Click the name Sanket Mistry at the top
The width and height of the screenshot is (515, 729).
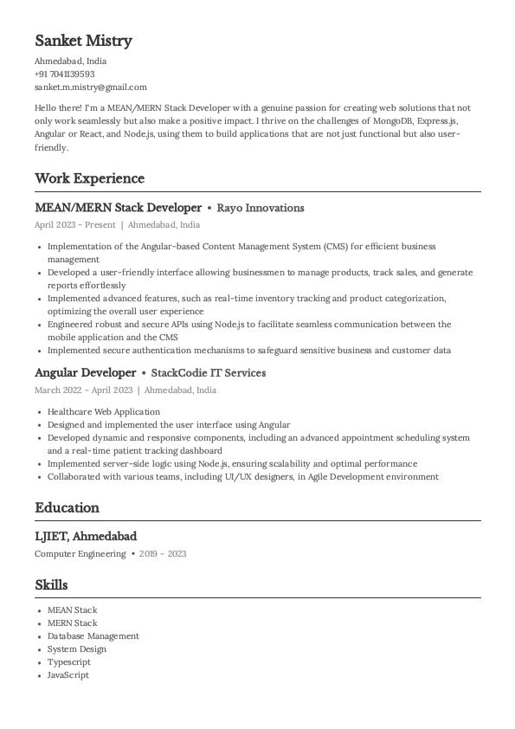[83, 41]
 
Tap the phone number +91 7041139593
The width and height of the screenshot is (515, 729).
[65, 74]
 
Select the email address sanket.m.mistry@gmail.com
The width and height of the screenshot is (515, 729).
[91, 87]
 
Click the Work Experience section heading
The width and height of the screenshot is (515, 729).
[89, 178]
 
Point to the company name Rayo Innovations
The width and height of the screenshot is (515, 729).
[261, 209]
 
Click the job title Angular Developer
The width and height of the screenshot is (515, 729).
[85, 373]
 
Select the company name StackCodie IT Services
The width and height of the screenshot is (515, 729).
[208, 373]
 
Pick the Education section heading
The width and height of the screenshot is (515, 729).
[67, 507]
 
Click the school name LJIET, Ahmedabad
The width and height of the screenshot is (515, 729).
[86, 537]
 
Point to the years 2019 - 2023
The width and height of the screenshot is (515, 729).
[164, 554]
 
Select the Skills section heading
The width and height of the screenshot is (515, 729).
[51, 585]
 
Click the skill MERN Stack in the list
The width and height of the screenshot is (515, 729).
[73, 623]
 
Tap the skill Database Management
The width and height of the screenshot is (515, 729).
[93, 636]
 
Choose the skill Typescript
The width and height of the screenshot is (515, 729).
[69, 662]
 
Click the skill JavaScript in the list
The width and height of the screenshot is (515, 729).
[68, 675]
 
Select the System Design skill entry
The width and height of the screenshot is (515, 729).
[77, 649]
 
